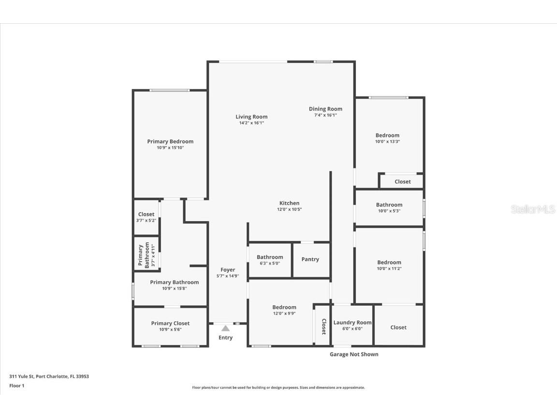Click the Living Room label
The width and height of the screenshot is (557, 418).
pyautogui.click(x=251, y=117)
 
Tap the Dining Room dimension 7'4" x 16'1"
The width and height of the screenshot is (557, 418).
pyautogui.click(x=325, y=115)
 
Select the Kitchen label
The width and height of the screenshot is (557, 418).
pyautogui.click(x=289, y=203)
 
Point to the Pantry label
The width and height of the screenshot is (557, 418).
pyautogui.click(x=310, y=259)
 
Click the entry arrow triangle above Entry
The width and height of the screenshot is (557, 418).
pyautogui.click(x=225, y=328)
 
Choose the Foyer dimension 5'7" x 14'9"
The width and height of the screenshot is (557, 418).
pyautogui.click(x=228, y=276)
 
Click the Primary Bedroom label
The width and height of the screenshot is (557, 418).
pyautogui.click(x=170, y=141)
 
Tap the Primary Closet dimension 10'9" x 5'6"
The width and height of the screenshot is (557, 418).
pyautogui.click(x=170, y=329)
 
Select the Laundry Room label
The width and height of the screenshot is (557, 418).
pyautogui.click(x=352, y=322)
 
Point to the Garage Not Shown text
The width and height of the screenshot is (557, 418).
pyautogui.click(x=354, y=354)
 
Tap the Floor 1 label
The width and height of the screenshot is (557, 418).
pyautogui.click(x=16, y=386)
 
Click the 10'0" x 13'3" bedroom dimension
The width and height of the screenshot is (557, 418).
pyautogui.click(x=387, y=142)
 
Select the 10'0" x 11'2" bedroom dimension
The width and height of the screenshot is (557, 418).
pyautogui.click(x=389, y=269)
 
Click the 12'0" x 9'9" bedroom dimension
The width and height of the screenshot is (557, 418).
pyautogui.click(x=284, y=313)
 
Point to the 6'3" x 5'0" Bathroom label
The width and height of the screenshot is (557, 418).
pyautogui.click(x=270, y=257)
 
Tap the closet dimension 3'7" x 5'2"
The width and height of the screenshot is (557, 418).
pyautogui.click(x=146, y=221)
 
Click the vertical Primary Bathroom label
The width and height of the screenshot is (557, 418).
pyautogui.click(x=141, y=255)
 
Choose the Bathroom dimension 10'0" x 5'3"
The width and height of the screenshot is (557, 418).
pyautogui.click(x=389, y=211)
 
